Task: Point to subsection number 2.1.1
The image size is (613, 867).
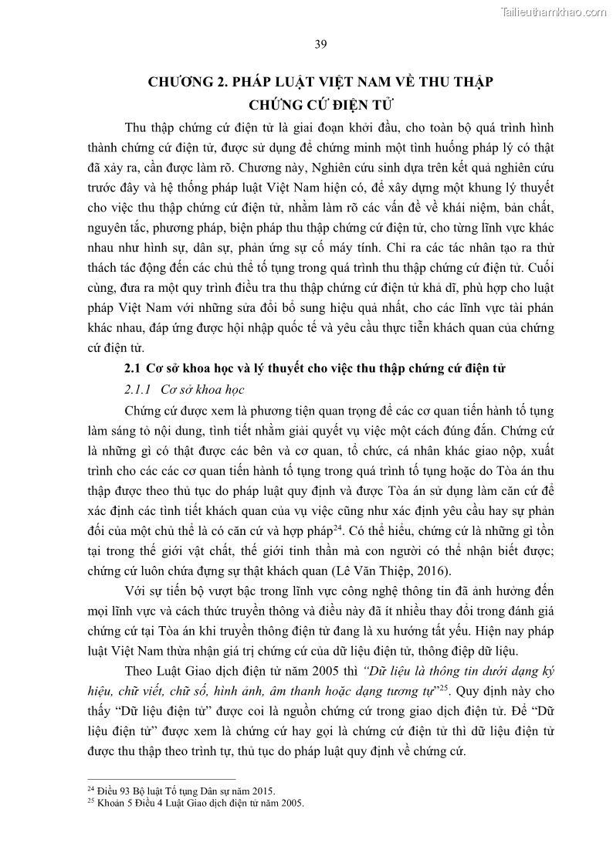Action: tap(137, 388)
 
